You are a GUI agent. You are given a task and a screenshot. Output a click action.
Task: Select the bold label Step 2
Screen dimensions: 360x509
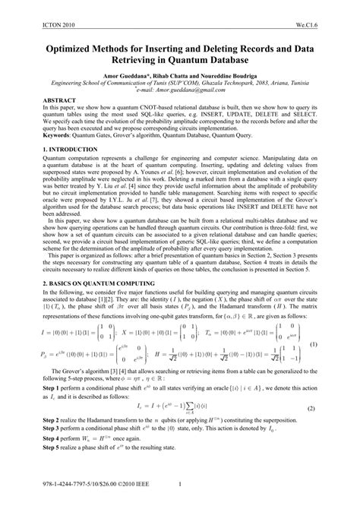tap(44, 441)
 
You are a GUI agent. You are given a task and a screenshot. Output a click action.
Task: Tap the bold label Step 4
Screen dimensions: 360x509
tap(44, 461)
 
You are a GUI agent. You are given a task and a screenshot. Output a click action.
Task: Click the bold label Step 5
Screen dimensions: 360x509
tap(44, 471)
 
